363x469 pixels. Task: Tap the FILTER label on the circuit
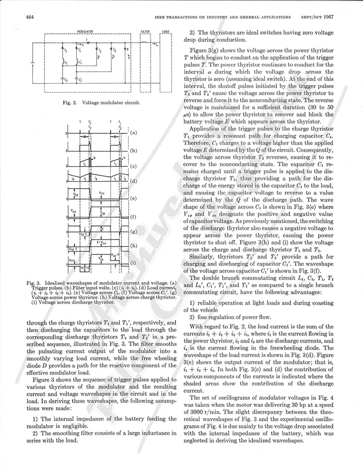click(145, 31)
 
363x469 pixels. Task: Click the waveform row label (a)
click(133, 133)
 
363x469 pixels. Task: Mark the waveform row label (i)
click(133, 262)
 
